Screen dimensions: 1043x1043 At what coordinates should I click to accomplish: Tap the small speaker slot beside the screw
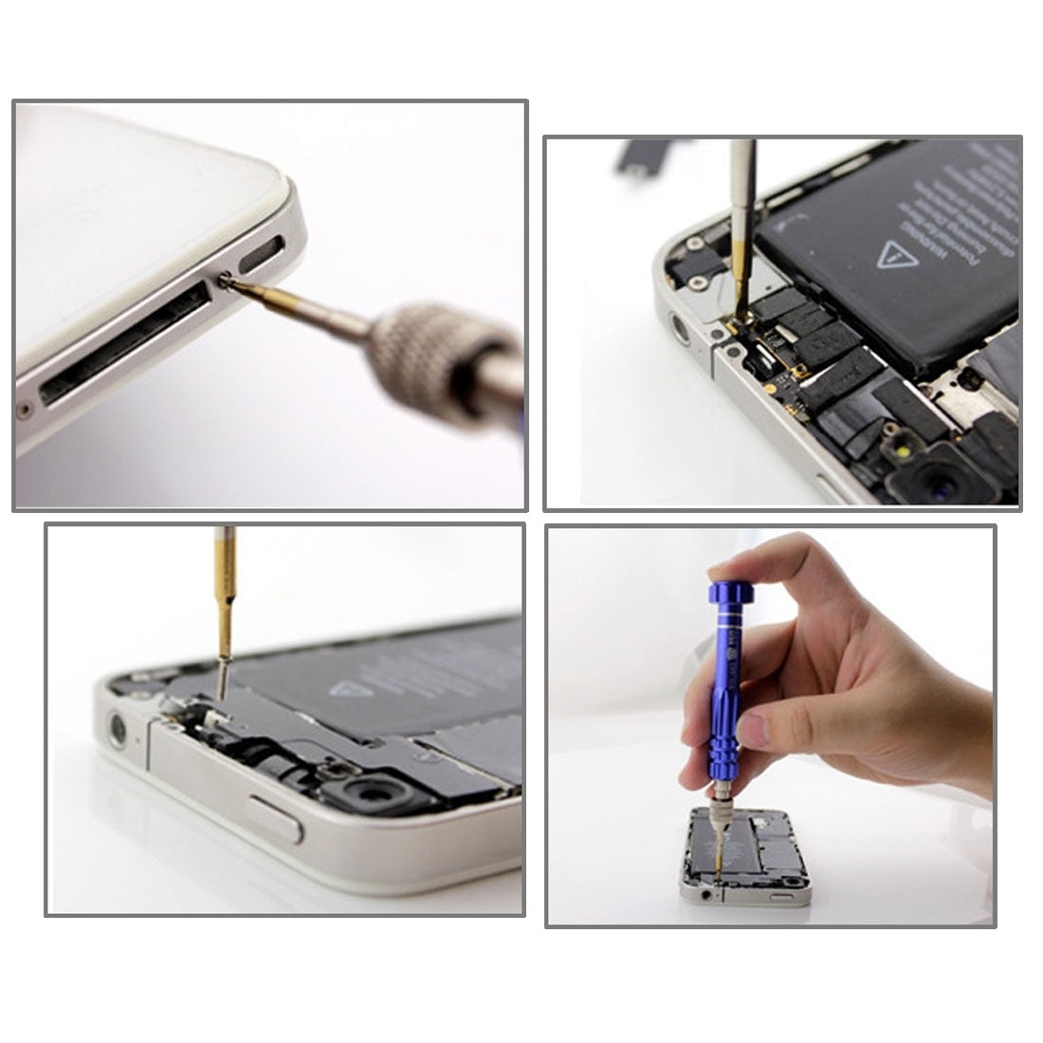(261, 253)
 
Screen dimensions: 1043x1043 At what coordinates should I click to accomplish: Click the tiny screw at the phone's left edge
(24, 411)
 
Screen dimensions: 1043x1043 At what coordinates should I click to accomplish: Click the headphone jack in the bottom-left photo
(119, 729)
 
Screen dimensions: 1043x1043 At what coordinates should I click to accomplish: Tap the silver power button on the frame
(275, 817)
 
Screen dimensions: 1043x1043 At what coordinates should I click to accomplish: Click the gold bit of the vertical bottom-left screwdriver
(225, 616)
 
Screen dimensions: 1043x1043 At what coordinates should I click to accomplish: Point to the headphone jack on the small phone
(703, 892)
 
